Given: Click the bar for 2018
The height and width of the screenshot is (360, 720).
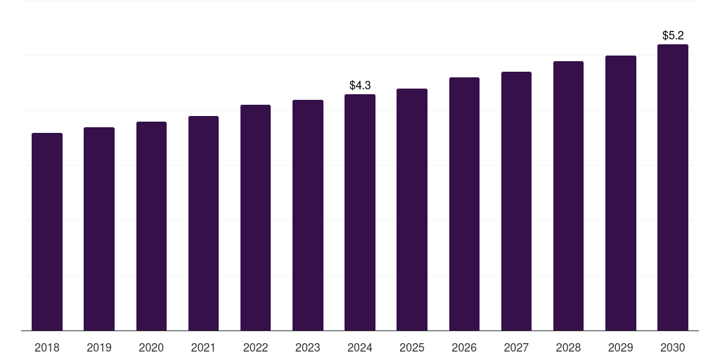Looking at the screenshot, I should (x=47, y=232).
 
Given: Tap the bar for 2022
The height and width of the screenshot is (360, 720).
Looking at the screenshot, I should (x=255, y=218).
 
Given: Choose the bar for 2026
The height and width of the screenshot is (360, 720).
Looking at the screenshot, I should (x=464, y=204).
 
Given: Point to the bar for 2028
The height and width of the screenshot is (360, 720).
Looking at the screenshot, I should (x=568, y=196).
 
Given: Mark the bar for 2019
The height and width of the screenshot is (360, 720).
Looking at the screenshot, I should (x=99, y=229).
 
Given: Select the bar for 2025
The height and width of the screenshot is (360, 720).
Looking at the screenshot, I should (x=412, y=210).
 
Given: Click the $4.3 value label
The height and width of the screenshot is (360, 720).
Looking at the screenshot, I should (x=360, y=85).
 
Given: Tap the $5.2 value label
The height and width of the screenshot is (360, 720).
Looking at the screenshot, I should (x=673, y=35).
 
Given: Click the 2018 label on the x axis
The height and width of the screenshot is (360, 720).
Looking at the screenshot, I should (x=47, y=347).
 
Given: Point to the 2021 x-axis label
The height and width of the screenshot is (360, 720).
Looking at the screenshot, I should (x=203, y=347).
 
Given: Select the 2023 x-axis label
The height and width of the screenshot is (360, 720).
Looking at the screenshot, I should (x=308, y=347).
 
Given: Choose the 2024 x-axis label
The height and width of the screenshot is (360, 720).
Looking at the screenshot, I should (x=360, y=347).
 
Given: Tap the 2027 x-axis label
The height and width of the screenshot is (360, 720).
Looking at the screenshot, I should (x=516, y=347).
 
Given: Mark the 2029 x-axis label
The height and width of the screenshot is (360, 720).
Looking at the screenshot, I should (x=621, y=347).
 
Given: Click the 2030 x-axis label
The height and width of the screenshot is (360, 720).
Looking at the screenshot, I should (x=673, y=347).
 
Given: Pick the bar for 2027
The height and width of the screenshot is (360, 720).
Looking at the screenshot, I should (x=516, y=201).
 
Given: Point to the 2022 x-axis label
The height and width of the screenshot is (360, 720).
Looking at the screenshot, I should (x=255, y=347).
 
